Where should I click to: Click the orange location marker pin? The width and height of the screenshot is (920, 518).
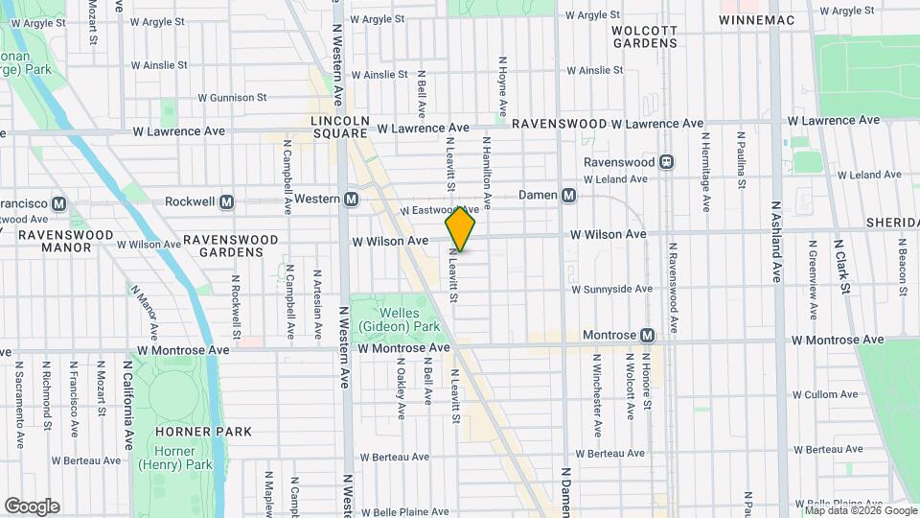[x=460, y=229]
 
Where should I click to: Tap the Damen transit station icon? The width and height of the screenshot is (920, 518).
[x=569, y=196]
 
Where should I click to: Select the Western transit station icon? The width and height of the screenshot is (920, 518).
[x=352, y=199]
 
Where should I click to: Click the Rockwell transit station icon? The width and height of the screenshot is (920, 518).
[x=227, y=202]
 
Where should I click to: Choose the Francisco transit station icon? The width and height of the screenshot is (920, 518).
[x=59, y=203]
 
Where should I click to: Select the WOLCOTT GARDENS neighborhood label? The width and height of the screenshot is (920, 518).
[x=645, y=36]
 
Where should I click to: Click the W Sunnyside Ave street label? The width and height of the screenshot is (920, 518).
[x=611, y=289]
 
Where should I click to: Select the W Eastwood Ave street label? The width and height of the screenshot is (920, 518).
[x=439, y=209]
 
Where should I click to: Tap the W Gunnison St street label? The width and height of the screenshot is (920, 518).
[x=232, y=98]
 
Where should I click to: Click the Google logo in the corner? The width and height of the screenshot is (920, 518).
[x=32, y=506]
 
